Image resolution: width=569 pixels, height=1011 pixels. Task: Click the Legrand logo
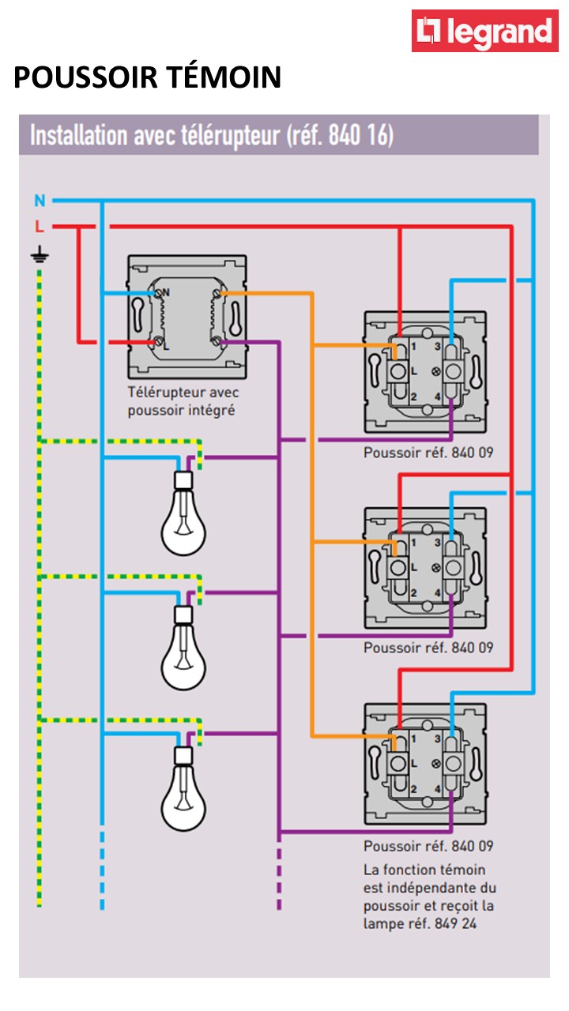484,31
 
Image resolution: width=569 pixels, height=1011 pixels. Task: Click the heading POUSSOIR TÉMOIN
148,77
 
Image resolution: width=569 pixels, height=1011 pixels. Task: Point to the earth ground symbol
38,254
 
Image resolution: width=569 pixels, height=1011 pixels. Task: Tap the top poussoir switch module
424,371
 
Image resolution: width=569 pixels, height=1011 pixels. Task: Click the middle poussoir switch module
424,567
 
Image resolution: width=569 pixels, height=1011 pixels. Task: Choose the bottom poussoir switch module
424,763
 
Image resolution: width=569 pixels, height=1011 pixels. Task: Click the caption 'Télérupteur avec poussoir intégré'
183,401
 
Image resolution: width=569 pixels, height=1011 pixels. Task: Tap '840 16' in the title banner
357,136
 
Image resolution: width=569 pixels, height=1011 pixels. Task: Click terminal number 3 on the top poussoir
436,347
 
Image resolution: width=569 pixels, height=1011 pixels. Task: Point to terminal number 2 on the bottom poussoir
413,788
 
